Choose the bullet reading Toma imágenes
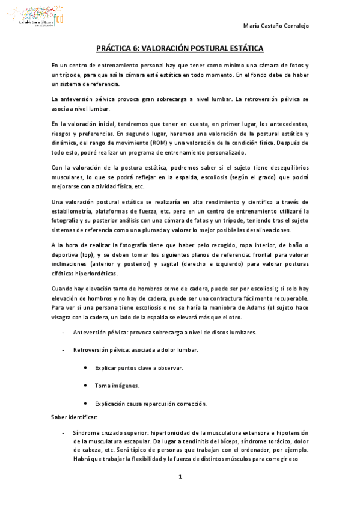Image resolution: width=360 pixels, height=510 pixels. pyautogui.click(x=117, y=385)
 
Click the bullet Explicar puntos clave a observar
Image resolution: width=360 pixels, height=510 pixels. pyautogui.click(x=139, y=367)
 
